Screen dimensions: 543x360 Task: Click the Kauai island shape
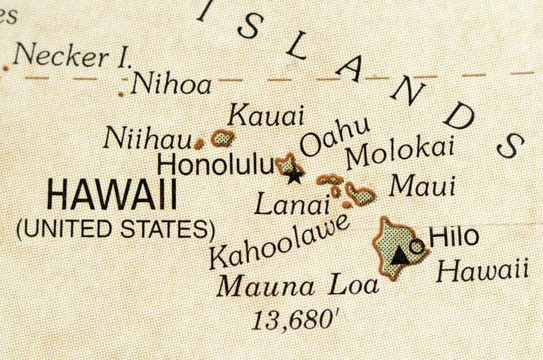point(222,139)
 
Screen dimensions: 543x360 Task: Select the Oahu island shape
point(286,164)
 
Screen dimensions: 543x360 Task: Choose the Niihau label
point(147,138)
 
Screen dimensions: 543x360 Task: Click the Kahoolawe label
point(278,241)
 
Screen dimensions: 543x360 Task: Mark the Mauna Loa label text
point(298,286)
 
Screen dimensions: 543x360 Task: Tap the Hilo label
point(454,236)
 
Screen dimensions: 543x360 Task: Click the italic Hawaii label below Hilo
point(482,271)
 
